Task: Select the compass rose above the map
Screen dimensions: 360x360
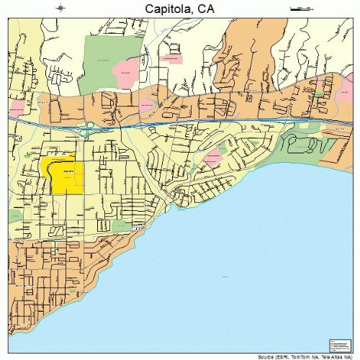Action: point(61,8)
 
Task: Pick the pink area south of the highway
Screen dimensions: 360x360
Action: point(213,158)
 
